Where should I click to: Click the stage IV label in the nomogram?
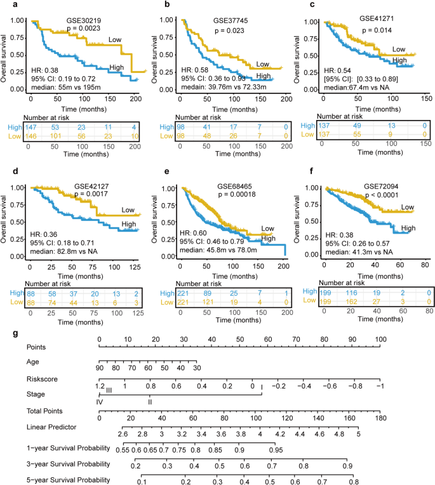(99, 402)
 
